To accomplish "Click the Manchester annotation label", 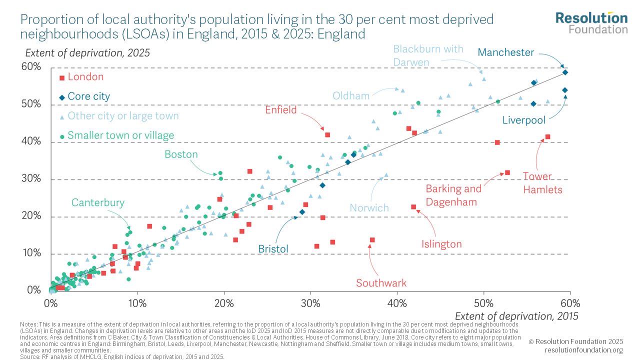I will pyautogui.click(x=505, y=52).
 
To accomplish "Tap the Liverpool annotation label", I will pyautogui.click(x=523, y=120).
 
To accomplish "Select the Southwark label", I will pyautogui.click(x=381, y=283).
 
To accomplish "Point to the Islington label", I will pyautogui.click(x=441, y=244).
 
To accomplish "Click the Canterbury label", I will pyautogui.click(x=97, y=202).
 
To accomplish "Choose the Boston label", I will pyautogui.click(x=181, y=154).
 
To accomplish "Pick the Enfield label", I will pyautogui.click(x=281, y=110).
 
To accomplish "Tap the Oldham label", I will pyautogui.click(x=351, y=95).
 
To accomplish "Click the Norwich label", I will pyautogui.click(x=369, y=207).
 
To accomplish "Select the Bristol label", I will pyautogui.click(x=273, y=248).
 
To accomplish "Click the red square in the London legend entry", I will pyautogui.click(x=62, y=77).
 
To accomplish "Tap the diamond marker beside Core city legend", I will pyautogui.click(x=62, y=97).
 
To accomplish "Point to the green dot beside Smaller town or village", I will pyautogui.click(x=62, y=136).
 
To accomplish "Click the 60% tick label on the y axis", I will pyautogui.click(x=31, y=67).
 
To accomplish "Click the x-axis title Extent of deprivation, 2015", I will pyautogui.click(x=516, y=316).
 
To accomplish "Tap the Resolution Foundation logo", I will pyautogui.click(x=591, y=22).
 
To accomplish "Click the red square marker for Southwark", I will pyautogui.click(x=372, y=240).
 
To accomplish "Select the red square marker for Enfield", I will pyautogui.click(x=327, y=135).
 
